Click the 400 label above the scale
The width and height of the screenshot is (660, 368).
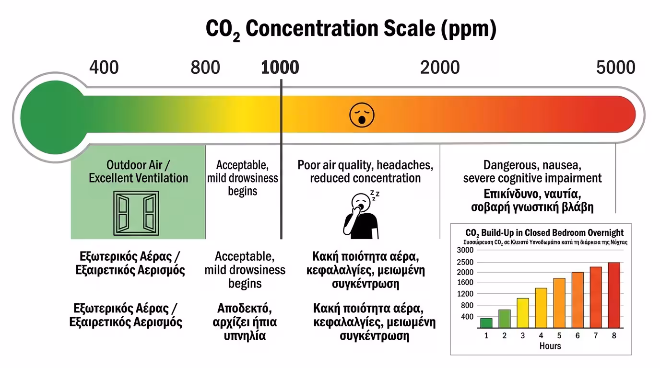pos(104,68)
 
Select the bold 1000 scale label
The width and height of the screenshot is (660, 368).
pos(280,68)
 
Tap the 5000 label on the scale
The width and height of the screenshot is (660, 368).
pos(616,68)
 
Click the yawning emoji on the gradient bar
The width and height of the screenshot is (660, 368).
pos(362,115)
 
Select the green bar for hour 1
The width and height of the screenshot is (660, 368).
pos(486,322)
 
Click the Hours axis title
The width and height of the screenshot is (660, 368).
pos(550,346)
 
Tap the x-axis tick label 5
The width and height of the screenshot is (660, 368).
pos(559,335)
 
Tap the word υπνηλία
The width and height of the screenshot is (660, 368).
pos(245,335)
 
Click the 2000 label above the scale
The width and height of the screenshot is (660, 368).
pos(440,68)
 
